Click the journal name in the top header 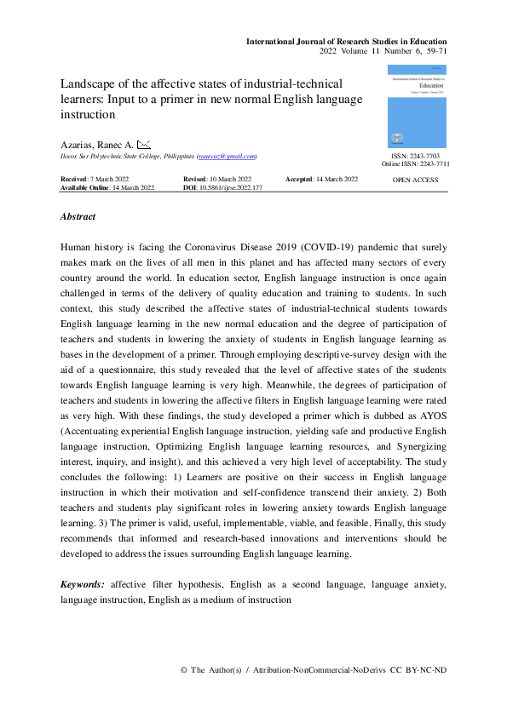point(346,41)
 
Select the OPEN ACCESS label point(415,181)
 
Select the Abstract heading point(78,217)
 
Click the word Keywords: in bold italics point(83,586)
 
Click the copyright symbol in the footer point(184,671)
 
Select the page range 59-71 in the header point(433,52)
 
